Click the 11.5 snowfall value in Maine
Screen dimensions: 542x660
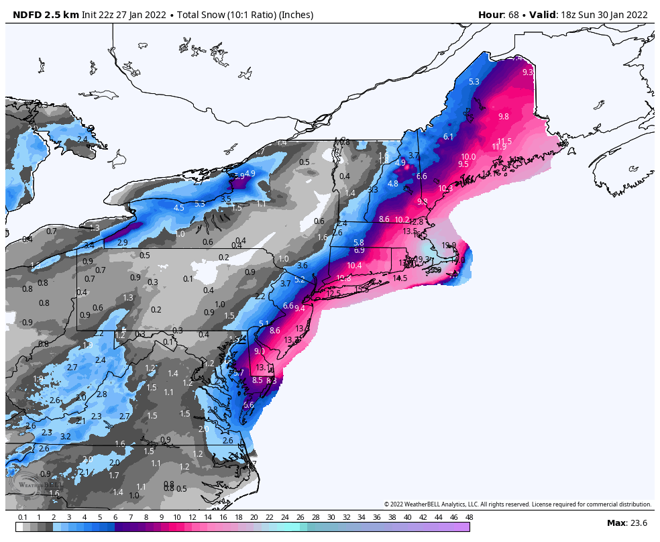(x=504, y=141)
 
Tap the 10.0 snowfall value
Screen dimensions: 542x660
(x=468, y=157)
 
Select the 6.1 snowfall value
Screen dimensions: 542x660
(x=449, y=137)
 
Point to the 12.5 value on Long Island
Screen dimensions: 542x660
(x=333, y=293)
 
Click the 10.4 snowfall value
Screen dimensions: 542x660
(x=354, y=266)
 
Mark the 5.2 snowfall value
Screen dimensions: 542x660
(x=300, y=280)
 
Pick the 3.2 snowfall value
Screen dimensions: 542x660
(x=65, y=437)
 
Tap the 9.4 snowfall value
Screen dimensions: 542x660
(x=299, y=309)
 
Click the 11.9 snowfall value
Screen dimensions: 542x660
(x=499, y=147)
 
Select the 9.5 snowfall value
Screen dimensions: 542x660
(x=463, y=164)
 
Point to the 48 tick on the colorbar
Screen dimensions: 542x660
(x=469, y=517)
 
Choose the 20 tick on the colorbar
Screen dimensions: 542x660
(x=254, y=517)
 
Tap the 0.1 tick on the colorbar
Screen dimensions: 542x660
(x=23, y=517)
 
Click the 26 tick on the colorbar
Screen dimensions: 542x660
(x=300, y=517)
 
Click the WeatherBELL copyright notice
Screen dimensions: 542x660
(x=517, y=504)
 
